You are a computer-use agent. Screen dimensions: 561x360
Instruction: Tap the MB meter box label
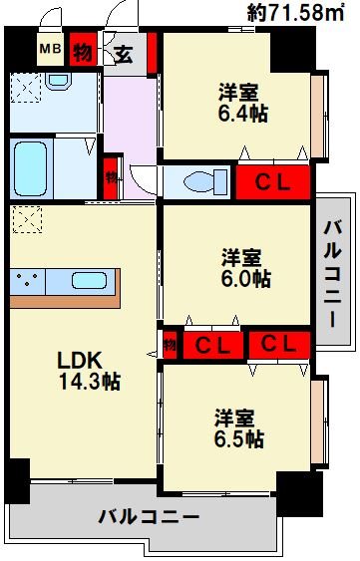[x=47, y=49]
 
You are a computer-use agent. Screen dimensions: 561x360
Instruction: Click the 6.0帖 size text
[x=246, y=279]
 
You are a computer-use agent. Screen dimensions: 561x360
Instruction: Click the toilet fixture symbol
[x=195, y=182]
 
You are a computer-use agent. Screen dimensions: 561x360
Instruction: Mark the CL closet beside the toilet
[x=272, y=182]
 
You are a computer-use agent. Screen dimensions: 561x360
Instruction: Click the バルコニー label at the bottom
[x=149, y=518]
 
